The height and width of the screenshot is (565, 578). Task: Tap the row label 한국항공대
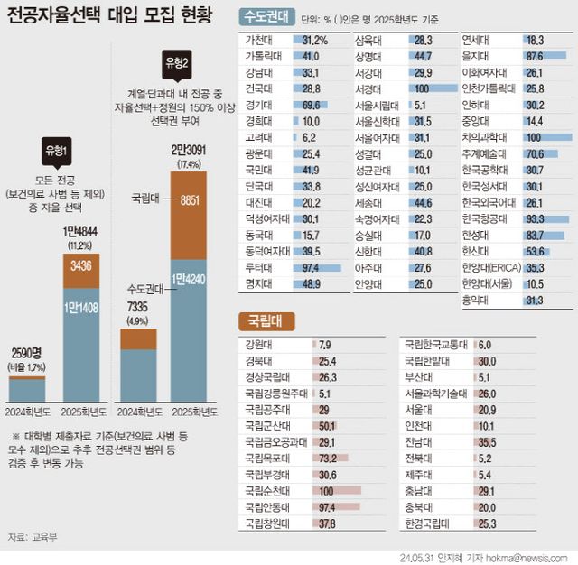487,219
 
